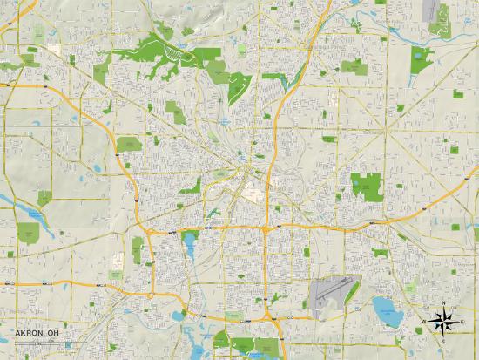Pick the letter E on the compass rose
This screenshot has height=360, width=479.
pos(462,323)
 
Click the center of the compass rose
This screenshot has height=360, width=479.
pos(443,323)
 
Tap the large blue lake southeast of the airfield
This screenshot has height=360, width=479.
pos(383,308)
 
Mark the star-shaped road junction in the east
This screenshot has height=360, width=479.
pos(387,130)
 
